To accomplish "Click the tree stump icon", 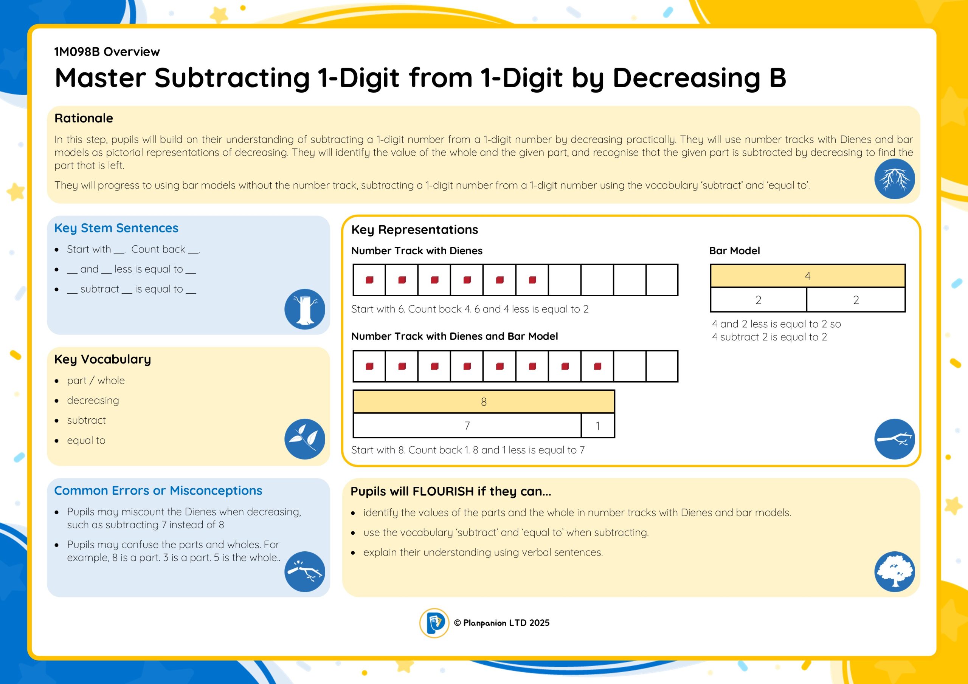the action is click(x=304, y=309).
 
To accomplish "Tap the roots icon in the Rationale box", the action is click(x=895, y=179).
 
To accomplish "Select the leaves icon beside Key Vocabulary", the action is click(x=304, y=439).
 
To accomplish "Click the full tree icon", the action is click(x=895, y=571).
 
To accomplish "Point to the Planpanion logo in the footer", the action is click(x=434, y=623).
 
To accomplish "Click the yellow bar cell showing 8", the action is click(x=484, y=402).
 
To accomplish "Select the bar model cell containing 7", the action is click(x=467, y=426).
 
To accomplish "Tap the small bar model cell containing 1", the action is click(x=598, y=426).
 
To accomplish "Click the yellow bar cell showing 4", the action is click(x=808, y=276).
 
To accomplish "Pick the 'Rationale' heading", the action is click(x=84, y=118).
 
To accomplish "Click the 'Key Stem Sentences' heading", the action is click(x=116, y=228).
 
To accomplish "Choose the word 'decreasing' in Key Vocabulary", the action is click(x=93, y=400).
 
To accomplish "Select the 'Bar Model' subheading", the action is click(x=734, y=251).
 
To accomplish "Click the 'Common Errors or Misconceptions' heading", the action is click(x=158, y=491).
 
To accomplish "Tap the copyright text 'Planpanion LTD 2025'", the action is click(x=506, y=623).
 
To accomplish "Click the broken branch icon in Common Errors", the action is click(x=304, y=571).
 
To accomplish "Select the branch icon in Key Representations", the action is click(x=895, y=439).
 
